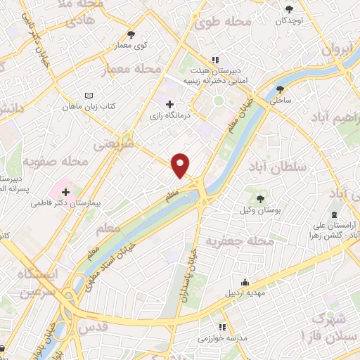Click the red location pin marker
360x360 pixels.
(181, 165)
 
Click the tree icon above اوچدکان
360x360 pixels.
(289, 9)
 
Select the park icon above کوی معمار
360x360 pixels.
(130, 34)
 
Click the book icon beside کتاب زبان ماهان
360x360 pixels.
(88, 96)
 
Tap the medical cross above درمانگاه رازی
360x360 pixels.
(169, 105)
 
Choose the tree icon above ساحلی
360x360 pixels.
(281, 89)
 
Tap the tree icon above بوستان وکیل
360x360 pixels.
(261, 199)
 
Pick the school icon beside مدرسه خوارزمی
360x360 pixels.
(222, 327)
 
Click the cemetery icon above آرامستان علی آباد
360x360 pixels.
(333, 214)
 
